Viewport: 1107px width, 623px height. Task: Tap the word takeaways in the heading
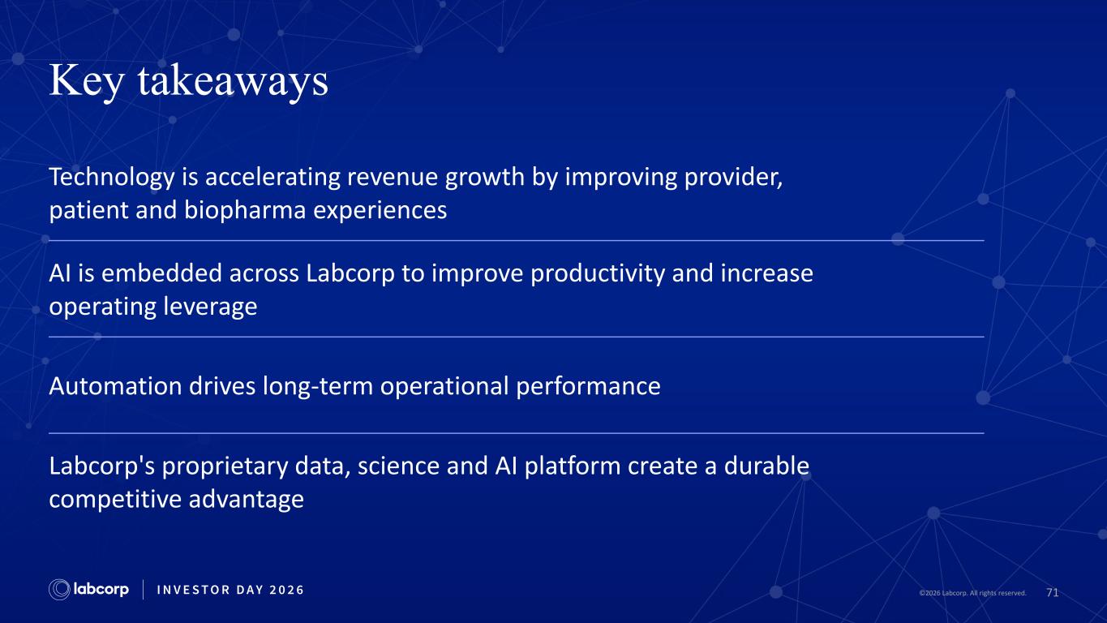pos(233,80)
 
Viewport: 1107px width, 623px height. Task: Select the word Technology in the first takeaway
pos(112,178)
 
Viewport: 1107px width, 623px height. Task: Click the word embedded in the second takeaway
pos(161,273)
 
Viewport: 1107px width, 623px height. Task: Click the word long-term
pos(318,386)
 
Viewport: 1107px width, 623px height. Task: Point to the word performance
pos(588,387)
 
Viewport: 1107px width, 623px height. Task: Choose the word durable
pos(766,466)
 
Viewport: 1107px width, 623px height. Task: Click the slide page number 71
pos(1053,592)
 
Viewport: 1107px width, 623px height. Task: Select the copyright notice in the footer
pos(972,593)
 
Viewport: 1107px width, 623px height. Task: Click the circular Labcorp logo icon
pos(59,590)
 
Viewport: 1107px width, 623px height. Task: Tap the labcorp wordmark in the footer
pos(101,590)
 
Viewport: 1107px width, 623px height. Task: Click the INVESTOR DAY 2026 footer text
pos(230,590)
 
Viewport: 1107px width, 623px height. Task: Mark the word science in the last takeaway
pos(398,466)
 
